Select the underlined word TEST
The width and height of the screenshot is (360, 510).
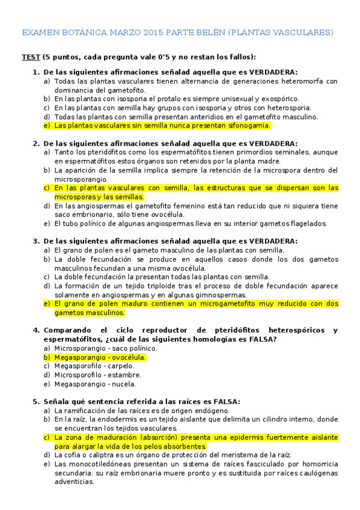[31, 57]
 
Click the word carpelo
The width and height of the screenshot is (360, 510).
[120, 366]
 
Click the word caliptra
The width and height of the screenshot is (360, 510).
[91, 455]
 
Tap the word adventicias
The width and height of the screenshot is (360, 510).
[73, 482]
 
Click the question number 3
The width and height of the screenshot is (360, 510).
[35, 241]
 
